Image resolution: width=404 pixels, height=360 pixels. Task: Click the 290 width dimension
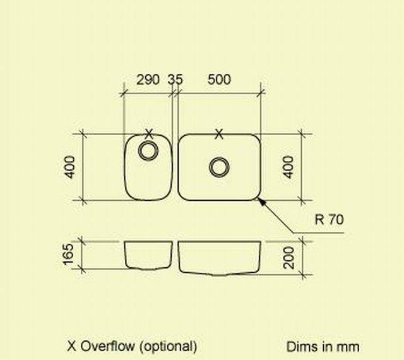coord(148,80)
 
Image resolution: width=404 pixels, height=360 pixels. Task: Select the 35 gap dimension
coord(175,80)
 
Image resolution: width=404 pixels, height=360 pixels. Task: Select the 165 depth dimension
coord(70,254)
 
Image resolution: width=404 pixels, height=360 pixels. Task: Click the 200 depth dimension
coord(289,257)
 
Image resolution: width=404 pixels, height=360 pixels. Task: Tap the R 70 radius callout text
coord(329,220)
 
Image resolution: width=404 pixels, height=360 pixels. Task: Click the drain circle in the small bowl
coord(149,150)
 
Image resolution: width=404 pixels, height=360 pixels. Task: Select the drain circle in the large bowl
coord(219,167)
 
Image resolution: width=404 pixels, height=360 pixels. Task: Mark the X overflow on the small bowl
coord(149,133)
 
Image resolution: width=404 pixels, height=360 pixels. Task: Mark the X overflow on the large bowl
coord(219,133)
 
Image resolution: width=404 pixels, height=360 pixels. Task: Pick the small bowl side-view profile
coord(148,254)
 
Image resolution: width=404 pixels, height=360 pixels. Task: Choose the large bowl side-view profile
coord(219,258)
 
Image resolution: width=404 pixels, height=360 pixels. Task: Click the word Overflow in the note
coord(106,346)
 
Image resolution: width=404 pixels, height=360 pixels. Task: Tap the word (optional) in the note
coord(168,346)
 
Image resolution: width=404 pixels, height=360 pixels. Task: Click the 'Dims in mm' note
coord(323,347)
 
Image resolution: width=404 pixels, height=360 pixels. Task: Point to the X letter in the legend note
coord(71,346)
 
